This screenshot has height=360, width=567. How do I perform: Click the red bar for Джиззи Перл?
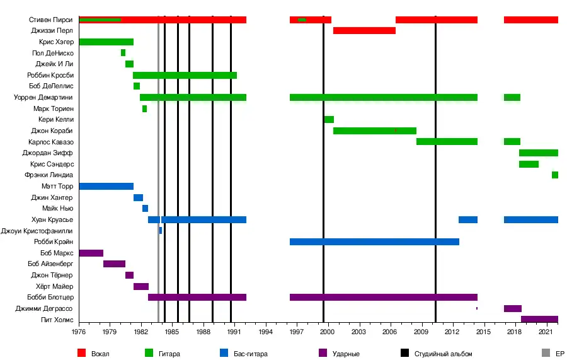click(x=364, y=30)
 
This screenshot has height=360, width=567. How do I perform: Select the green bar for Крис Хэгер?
click(x=106, y=42)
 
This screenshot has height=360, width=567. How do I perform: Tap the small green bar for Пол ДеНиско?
click(x=123, y=53)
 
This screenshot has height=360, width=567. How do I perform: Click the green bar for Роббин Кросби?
click(x=185, y=75)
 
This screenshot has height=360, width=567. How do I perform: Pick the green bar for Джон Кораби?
click(x=374, y=131)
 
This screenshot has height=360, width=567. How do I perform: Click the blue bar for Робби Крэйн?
click(x=374, y=241)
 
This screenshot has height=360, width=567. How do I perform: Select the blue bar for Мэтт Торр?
click(x=106, y=186)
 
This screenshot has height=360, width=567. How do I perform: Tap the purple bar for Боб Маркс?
click(x=91, y=253)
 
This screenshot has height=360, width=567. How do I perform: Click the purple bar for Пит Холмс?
click(x=539, y=319)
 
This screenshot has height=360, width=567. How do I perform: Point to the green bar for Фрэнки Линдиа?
click(x=555, y=175)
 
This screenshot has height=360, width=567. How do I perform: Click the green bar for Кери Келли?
click(x=329, y=119)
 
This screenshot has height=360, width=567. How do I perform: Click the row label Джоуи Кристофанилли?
click(x=37, y=231)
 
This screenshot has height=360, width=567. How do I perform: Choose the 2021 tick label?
click(x=546, y=332)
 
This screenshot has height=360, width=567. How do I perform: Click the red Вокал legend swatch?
click(x=81, y=353)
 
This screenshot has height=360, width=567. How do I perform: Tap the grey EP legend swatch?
click(x=546, y=353)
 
